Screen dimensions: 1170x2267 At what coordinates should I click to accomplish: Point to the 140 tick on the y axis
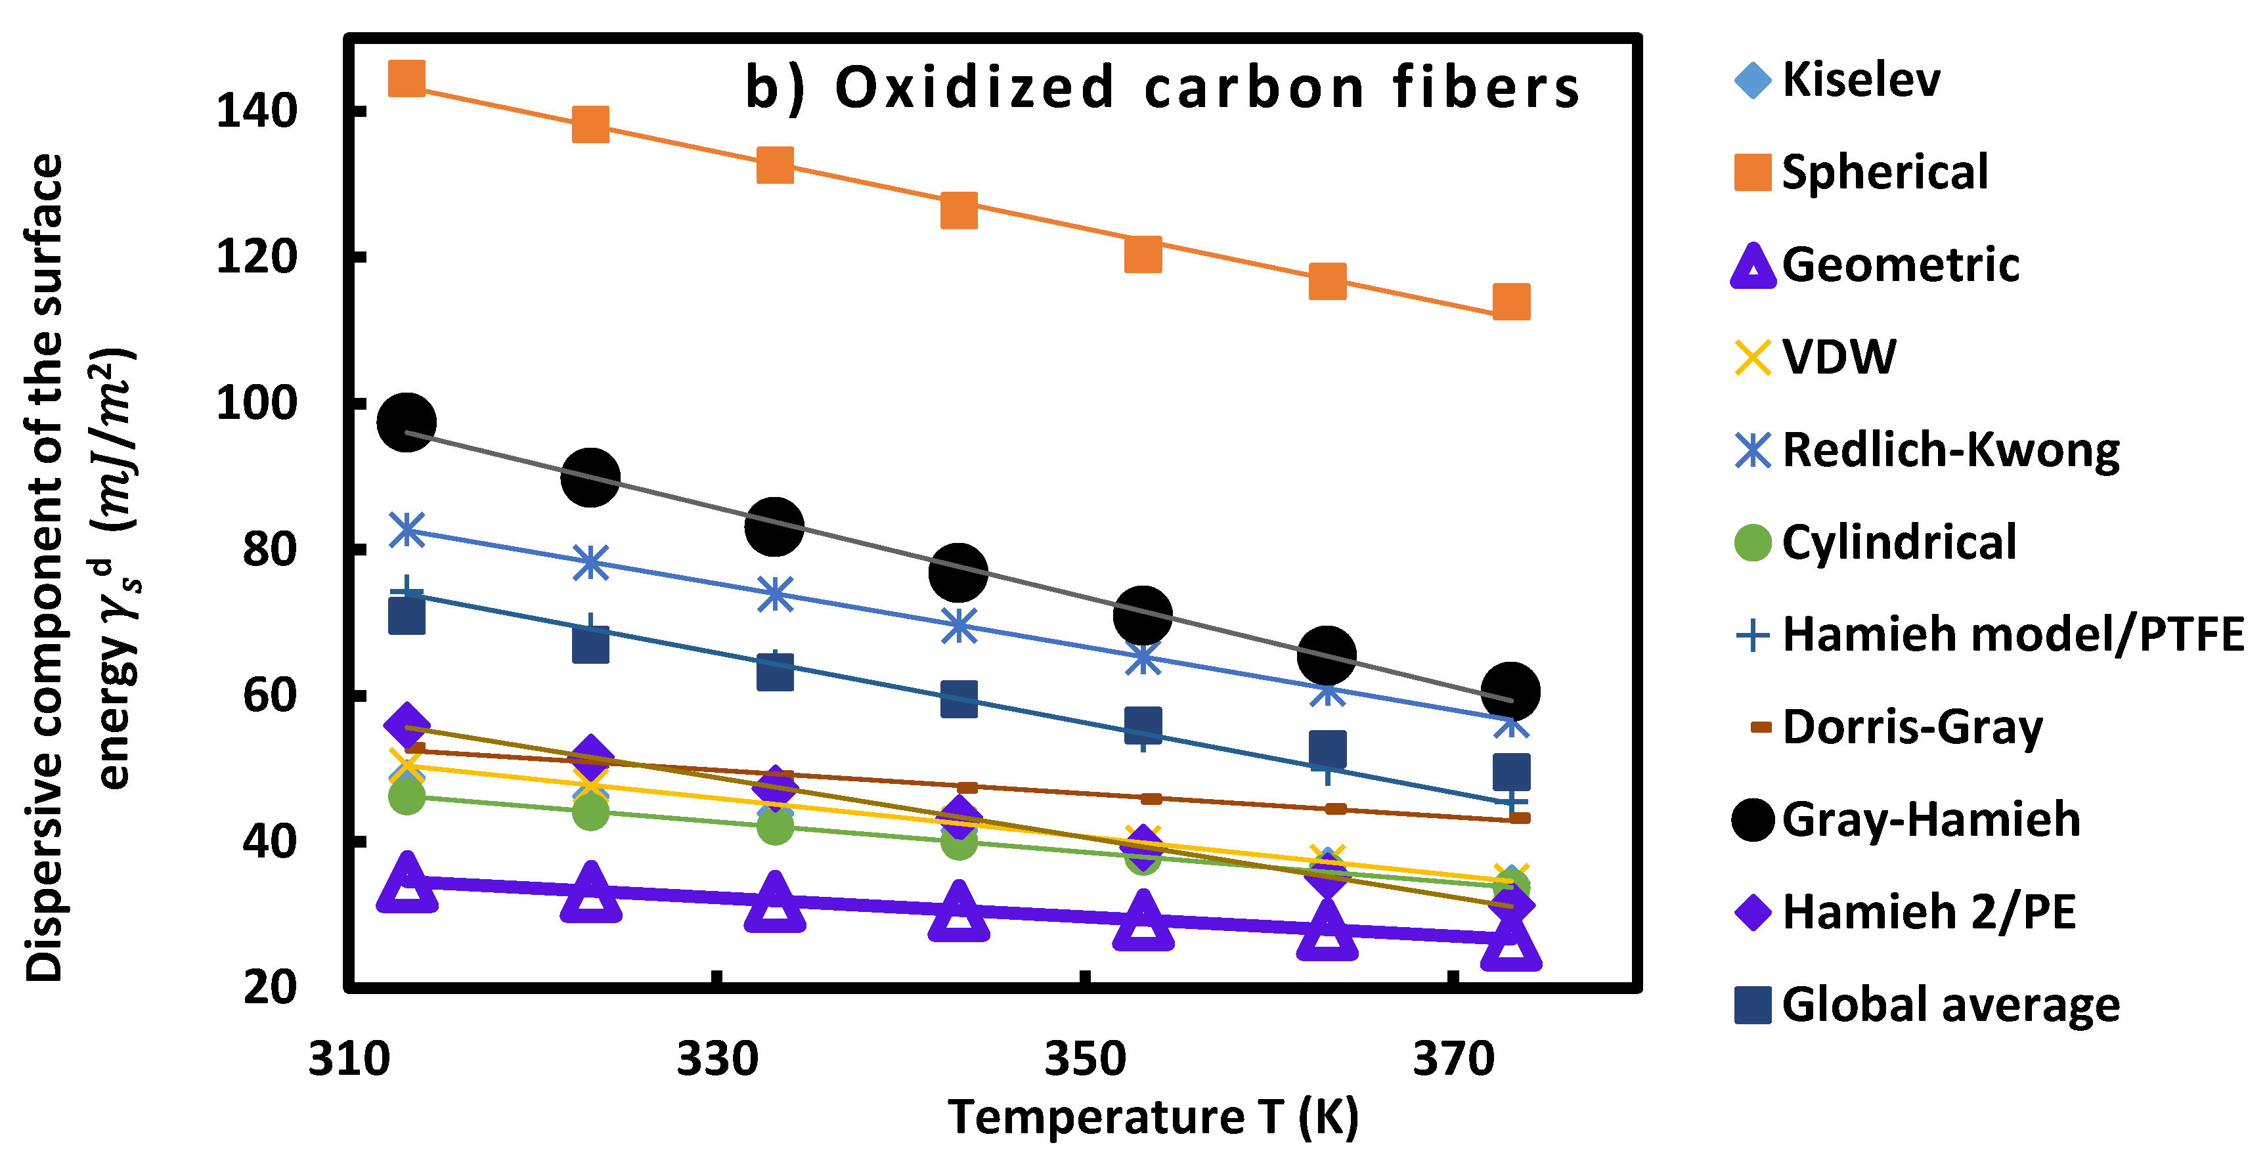point(255,112)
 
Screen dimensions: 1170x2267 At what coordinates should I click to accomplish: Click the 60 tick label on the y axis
point(269,695)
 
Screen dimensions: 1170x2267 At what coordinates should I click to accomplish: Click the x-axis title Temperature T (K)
point(1153,1117)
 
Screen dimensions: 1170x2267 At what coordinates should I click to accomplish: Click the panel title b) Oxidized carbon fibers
point(1162,88)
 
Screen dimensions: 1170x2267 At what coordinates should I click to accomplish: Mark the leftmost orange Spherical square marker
point(407,78)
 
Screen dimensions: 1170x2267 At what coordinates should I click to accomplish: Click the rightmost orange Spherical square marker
point(1511,302)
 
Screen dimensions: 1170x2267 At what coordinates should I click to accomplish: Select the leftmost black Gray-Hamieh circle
point(406,422)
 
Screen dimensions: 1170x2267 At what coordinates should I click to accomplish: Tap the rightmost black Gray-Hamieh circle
point(1510,691)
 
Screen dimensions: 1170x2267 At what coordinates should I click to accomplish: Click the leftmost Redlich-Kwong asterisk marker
point(407,531)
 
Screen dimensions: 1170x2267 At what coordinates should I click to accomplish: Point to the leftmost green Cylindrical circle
point(407,797)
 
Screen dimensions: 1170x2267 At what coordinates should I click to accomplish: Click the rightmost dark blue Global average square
point(1511,772)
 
